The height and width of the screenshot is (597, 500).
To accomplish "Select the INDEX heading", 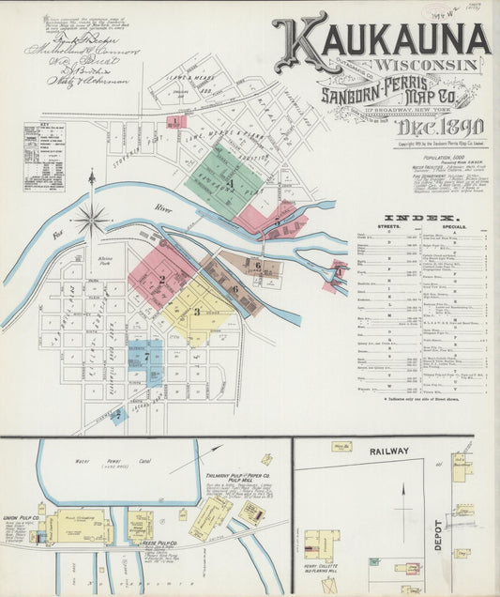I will click(x=422, y=218).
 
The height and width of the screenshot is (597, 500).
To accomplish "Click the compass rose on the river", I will click(x=91, y=221).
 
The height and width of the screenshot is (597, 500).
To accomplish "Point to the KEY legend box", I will click(x=44, y=156).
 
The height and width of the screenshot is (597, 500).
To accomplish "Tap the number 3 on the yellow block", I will click(x=197, y=311).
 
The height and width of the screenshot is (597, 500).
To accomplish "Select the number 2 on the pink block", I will click(x=161, y=278).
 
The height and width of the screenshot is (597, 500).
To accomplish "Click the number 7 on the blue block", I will click(x=146, y=357).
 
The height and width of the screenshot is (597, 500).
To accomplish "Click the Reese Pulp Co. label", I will click(x=170, y=545).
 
